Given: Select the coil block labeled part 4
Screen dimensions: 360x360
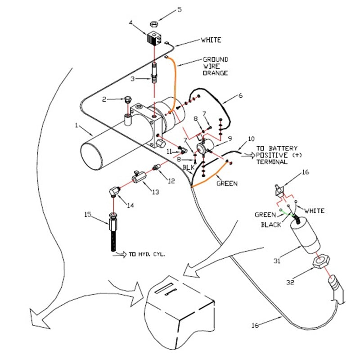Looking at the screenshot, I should point(154,39).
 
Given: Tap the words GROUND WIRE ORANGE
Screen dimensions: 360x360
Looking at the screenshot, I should point(215,66).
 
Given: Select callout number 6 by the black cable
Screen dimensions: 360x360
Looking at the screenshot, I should point(240,96).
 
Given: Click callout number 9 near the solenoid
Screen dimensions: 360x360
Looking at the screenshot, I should point(229,138).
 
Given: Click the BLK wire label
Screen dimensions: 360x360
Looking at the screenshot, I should point(188,167).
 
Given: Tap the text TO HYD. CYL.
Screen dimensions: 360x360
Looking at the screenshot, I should point(147,254).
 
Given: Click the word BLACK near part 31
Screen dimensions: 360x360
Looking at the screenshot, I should point(271,225).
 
